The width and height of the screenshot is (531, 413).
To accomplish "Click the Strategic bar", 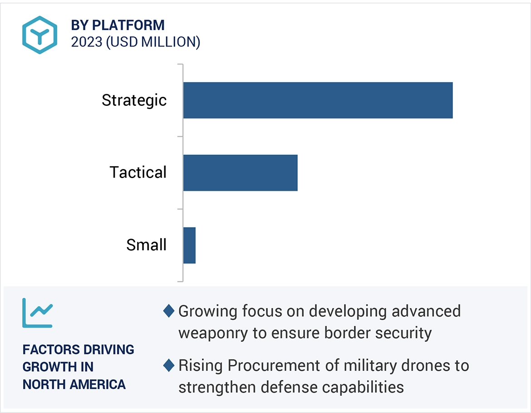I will pos(318,100).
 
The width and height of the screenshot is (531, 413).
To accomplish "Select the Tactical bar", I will pos(240,173).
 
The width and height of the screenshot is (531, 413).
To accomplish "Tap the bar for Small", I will pos(189,245).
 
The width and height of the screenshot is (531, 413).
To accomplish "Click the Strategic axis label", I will pos(134,100).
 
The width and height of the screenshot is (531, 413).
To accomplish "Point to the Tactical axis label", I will pos(138,173).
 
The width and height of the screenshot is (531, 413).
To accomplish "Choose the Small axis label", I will pos(146,245).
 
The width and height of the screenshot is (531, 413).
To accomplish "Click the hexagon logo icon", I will pos(40,35).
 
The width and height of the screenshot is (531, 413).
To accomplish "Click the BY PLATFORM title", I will pos(118,25).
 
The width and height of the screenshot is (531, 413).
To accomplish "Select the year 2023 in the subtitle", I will pos(86,42).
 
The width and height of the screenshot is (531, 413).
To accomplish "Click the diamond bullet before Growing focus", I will pos(169,311).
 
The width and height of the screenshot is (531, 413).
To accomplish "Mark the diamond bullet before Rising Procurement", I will pos(169,365).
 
